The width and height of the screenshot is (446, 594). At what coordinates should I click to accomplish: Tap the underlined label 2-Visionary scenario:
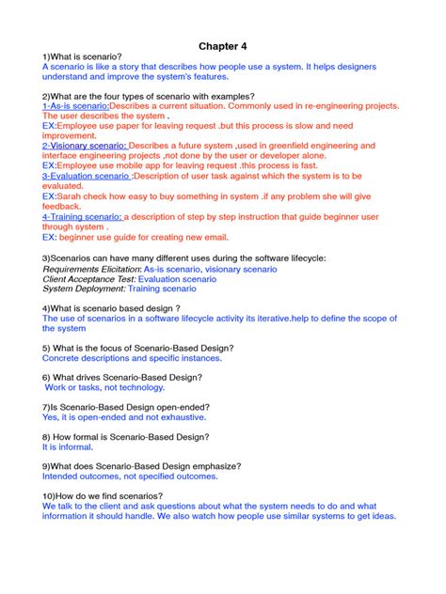84,146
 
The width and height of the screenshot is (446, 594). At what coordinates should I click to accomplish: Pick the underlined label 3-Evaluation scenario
87,175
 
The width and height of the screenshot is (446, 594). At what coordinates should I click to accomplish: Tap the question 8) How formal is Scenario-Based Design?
125,437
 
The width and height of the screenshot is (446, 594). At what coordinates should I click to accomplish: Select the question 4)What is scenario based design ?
111,308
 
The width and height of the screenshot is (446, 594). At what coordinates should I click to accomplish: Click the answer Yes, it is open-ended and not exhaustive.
124,416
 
